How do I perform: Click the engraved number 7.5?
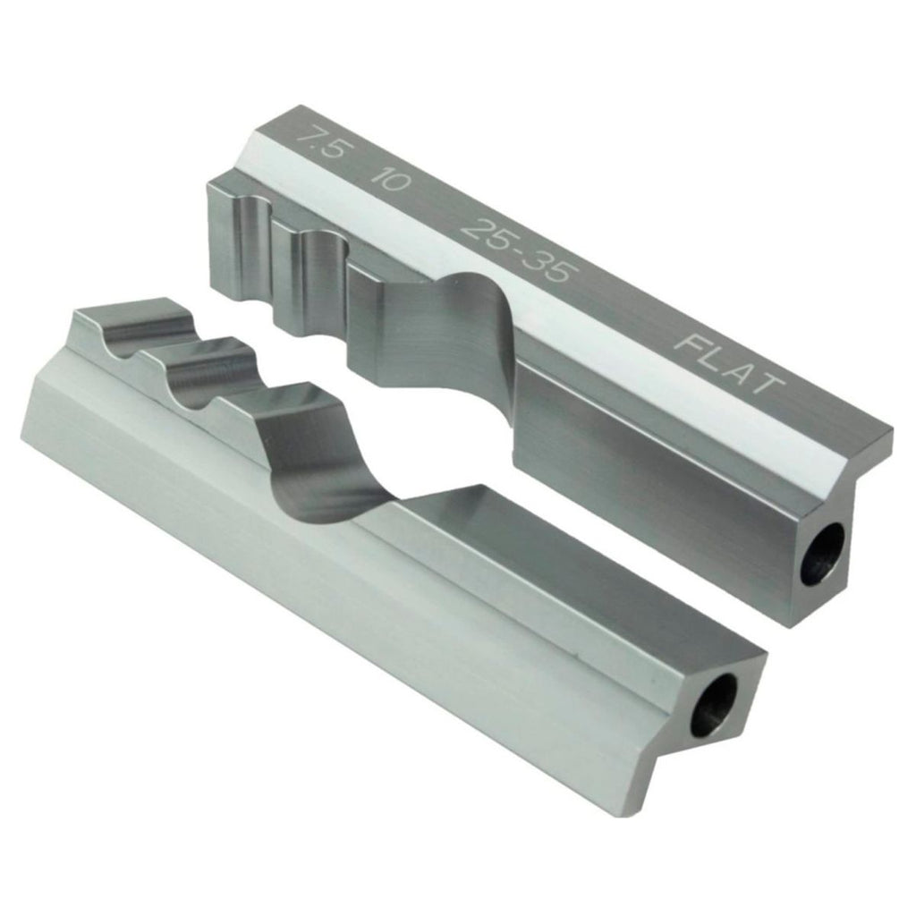click(x=319, y=143)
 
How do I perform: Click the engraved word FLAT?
click(x=728, y=364)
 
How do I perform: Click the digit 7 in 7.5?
click(x=308, y=137)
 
